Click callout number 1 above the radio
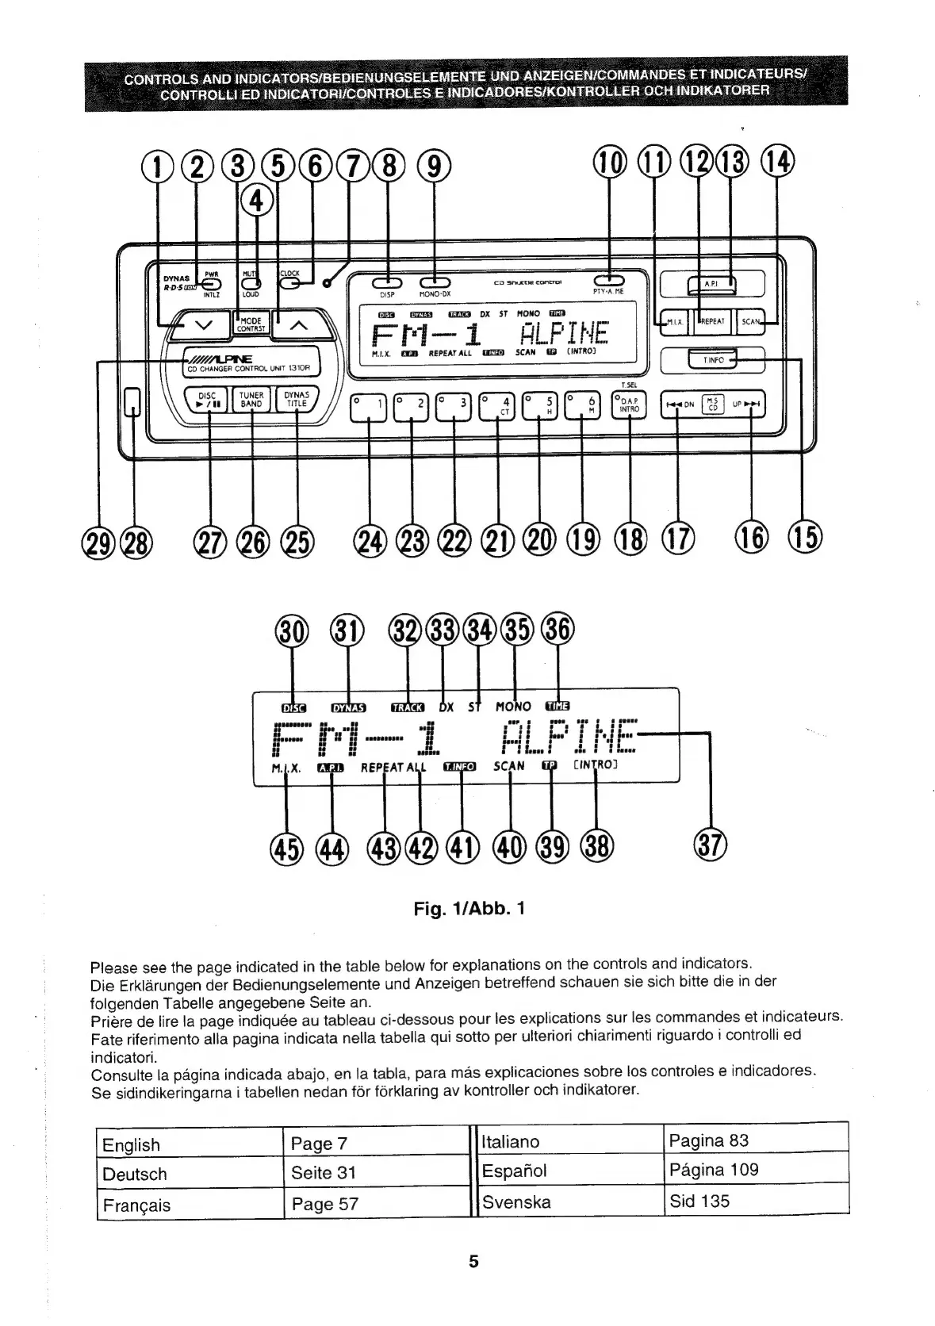[156, 165]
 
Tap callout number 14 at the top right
[776, 163]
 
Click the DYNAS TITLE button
[296, 399]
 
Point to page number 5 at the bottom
[473, 1261]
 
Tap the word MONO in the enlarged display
[512, 706]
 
